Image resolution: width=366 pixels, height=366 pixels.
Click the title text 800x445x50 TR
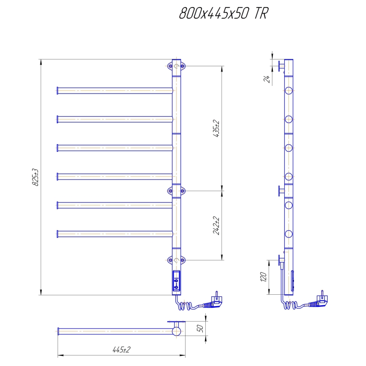pyautogui.click(x=223, y=14)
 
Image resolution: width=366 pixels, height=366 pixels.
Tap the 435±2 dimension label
pyautogui.click(x=217, y=129)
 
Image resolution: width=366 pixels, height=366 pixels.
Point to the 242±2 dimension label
pyautogui.click(x=217, y=226)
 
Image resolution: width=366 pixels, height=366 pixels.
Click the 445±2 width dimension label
pyautogui.click(x=121, y=350)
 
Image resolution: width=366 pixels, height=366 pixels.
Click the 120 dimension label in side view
pyautogui.click(x=264, y=277)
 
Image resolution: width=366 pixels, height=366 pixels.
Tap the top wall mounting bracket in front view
pyautogui.click(x=176, y=66)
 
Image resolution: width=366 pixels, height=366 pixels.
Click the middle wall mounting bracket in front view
pyautogui.click(x=176, y=191)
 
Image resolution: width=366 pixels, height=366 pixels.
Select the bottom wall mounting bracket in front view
pyautogui.click(x=176, y=260)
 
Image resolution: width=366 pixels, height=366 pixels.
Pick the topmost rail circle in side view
pyautogui.click(x=289, y=90)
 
